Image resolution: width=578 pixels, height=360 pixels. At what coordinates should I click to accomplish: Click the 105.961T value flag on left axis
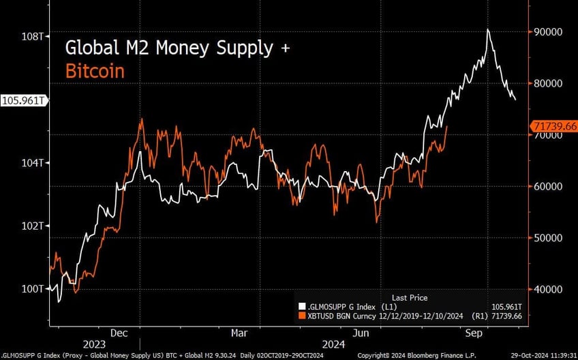23,100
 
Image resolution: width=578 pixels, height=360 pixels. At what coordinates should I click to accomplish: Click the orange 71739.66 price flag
553,127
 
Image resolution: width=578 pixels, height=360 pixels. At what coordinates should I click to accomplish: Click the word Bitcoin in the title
95,70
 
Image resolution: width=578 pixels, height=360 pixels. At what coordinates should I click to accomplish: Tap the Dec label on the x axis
119,333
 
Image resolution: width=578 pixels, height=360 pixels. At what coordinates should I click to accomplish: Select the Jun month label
361,333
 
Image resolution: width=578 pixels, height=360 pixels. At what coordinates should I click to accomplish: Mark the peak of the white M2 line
488,29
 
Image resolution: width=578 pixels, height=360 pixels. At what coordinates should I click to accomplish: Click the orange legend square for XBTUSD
302,316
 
